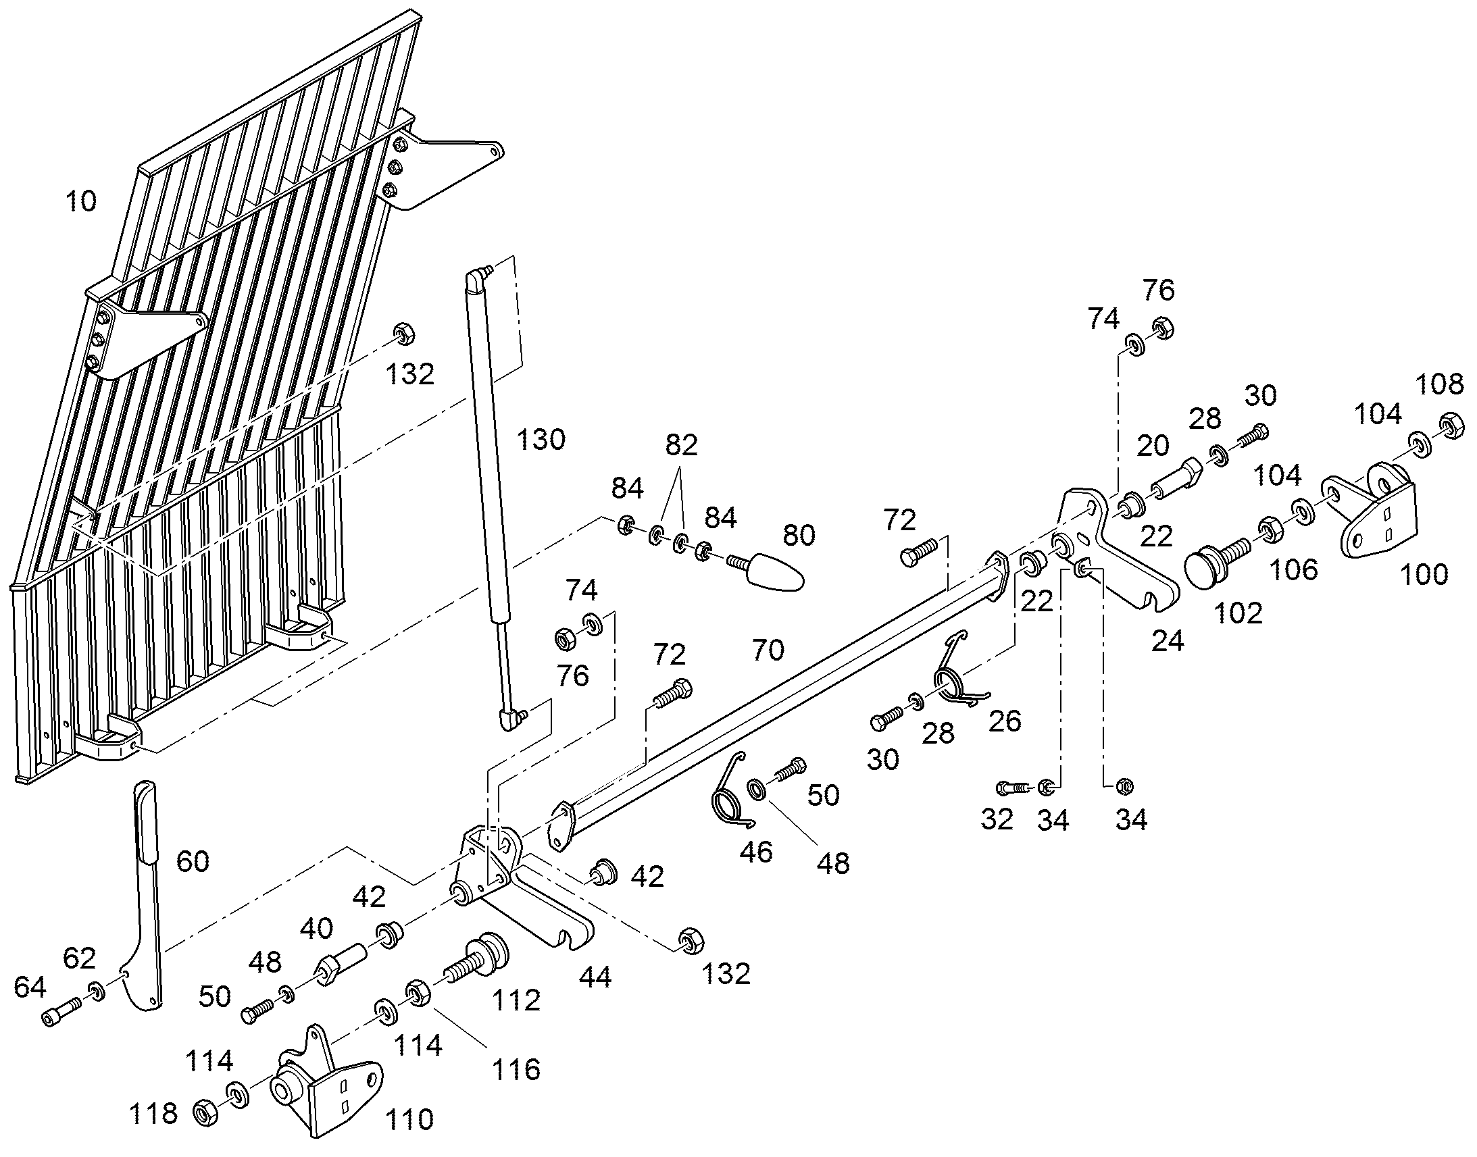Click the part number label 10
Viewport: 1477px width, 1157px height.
click(x=81, y=201)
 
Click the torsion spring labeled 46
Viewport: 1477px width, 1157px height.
click(x=730, y=790)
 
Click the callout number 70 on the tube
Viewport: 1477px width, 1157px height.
click(x=768, y=651)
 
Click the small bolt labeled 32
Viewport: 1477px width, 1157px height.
click(x=1013, y=788)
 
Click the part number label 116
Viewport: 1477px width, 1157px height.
click(x=516, y=1071)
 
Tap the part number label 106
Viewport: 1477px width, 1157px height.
click(x=1294, y=569)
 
